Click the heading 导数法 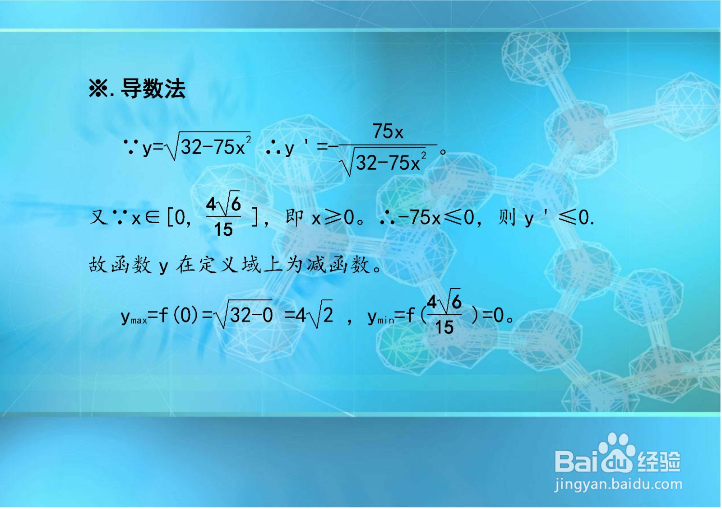[x=153, y=89]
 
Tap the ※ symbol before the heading [x=98, y=89]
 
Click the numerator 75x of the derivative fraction [x=388, y=132]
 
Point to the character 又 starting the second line [x=99, y=218]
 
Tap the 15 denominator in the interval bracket [x=223, y=230]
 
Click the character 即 [x=294, y=218]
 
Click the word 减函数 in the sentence [x=338, y=265]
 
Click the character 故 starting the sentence [x=98, y=265]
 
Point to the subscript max [x=139, y=321]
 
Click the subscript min [x=385, y=321]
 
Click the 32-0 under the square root [x=251, y=315]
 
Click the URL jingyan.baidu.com [x=618, y=485]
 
